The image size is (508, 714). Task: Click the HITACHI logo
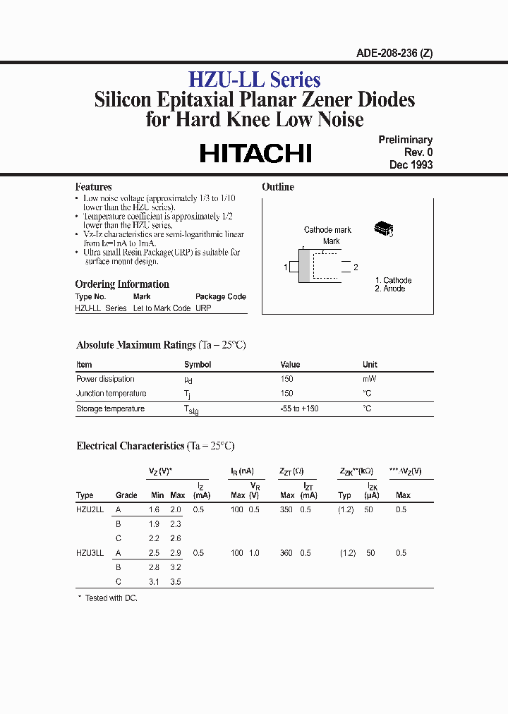(x=255, y=153)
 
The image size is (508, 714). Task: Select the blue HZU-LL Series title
(x=254, y=80)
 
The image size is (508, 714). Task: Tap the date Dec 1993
(x=411, y=164)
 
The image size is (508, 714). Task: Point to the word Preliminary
(x=405, y=140)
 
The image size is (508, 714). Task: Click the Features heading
(x=93, y=187)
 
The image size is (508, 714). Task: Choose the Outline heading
(x=277, y=187)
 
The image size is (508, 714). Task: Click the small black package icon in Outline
(x=382, y=229)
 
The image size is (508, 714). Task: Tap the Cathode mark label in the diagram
(x=327, y=230)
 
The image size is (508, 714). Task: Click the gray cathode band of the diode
(x=304, y=266)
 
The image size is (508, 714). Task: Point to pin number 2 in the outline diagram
(x=356, y=267)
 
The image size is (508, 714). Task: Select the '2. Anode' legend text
(x=390, y=289)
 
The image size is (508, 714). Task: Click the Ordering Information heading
(x=122, y=284)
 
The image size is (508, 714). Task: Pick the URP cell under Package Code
(x=203, y=308)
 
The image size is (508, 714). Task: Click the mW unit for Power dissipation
(x=369, y=379)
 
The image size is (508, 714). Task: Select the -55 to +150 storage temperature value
(x=299, y=409)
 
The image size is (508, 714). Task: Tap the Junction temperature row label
(x=111, y=394)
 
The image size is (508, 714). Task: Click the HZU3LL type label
(x=90, y=553)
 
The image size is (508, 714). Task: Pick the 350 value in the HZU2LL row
(x=286, y=509)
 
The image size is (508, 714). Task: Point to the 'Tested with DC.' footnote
(x=111, y=598)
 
